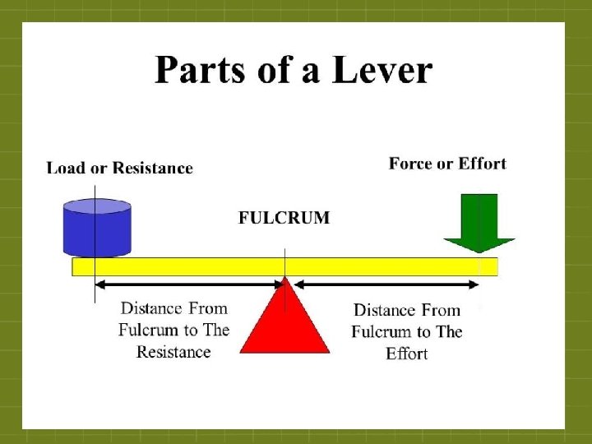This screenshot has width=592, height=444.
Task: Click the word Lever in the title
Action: [x=382, y=71]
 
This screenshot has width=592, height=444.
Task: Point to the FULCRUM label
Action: [x=284, y=218]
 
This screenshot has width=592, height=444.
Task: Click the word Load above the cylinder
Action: [x=65, y=169]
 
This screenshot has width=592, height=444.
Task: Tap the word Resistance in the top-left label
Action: [x=152, y=169]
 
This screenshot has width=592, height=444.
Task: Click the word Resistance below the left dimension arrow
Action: [x=173, y=352]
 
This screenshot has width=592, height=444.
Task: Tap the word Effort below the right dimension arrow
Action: [x=406, y=354]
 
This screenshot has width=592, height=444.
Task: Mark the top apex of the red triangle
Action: [x=285, y=280]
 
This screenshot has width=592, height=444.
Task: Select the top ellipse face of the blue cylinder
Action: [x=97, y=206]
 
